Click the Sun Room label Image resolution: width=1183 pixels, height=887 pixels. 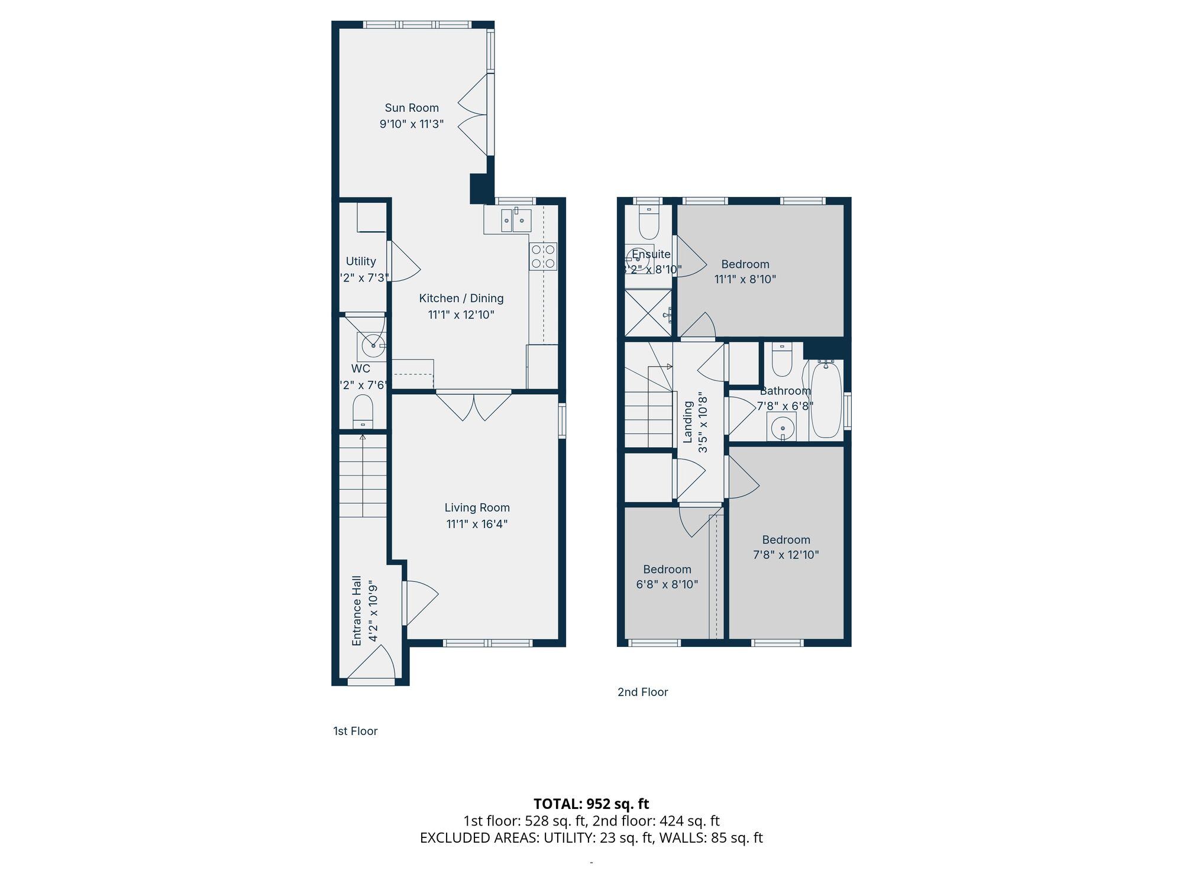[x=412, y=108]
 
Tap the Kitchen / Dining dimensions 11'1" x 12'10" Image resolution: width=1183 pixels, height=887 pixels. [x=461, y=315]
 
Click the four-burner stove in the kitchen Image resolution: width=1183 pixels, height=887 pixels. [x=543, y=257]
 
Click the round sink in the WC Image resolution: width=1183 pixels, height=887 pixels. [x=373, y=345]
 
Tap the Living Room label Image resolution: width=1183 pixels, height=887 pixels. [x=477, y=507]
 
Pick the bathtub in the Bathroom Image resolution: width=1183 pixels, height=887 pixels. [x=826, y=400]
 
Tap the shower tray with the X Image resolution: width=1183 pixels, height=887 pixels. [x=648, y=313]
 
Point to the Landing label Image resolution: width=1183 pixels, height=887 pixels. [x=688, y=422]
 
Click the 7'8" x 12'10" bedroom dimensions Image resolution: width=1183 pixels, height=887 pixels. [x=786, y=555]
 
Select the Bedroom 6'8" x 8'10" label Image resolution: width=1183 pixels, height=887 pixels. [x=667, y=569]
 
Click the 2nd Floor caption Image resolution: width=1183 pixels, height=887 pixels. [x=642, y=692]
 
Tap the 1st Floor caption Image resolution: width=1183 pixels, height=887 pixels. [x=355, y=731]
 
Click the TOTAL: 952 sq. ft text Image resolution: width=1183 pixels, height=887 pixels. [x=591, y=804]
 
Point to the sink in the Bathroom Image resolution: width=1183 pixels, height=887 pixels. [x=782, y=427]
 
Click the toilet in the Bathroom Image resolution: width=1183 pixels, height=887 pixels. [x=782, y=361]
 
